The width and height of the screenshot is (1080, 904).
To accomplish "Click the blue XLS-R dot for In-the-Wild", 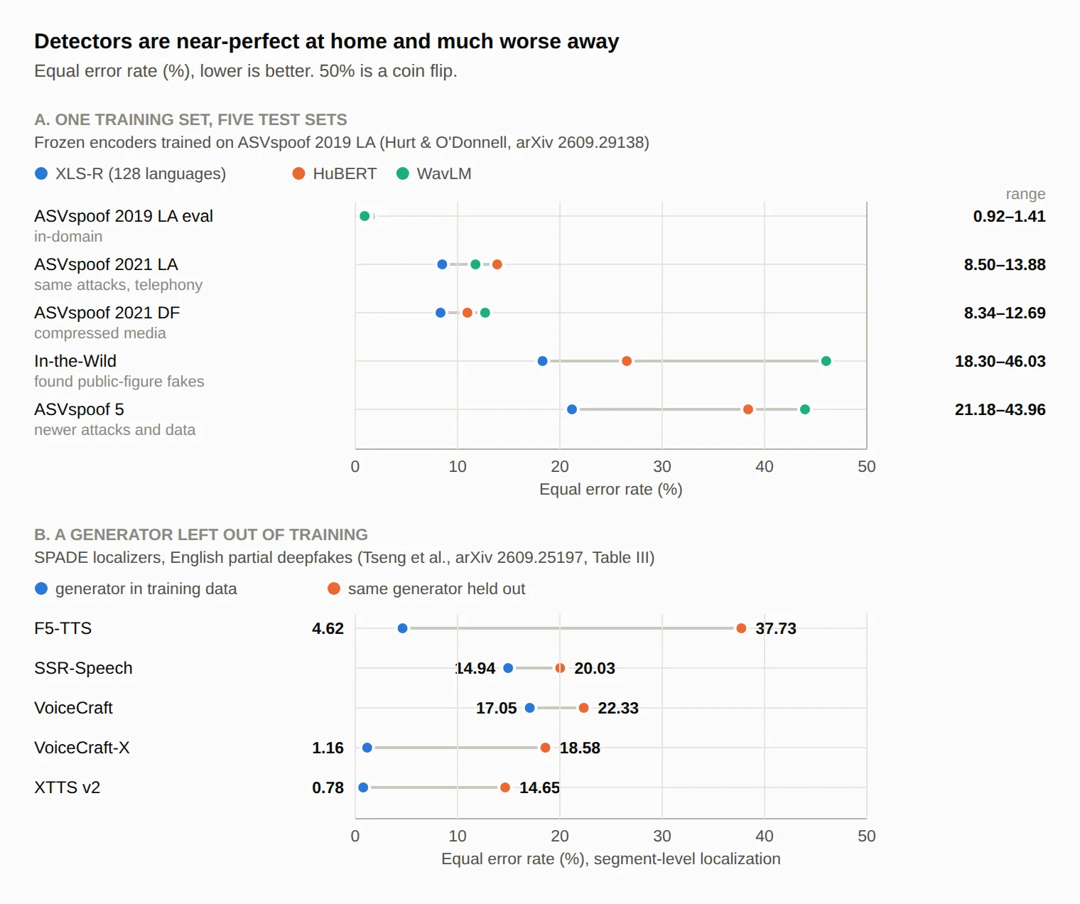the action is [x=542, y=361].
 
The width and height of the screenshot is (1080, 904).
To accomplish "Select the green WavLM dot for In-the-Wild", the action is [x=826, y=361].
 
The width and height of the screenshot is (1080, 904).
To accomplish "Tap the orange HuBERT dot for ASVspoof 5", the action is [x=748, y=409].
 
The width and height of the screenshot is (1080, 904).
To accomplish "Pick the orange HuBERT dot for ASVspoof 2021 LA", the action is [x=497, y=264].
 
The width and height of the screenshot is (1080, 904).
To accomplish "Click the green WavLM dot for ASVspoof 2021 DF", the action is [x=485, y=313].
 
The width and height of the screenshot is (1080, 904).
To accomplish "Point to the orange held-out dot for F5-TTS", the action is [x=741, y=628].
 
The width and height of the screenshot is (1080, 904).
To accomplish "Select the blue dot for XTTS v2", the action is [x=363, y=787].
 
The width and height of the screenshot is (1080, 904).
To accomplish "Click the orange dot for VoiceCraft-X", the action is [x=545, y=748].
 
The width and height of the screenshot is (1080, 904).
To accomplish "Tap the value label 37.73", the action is [x=776, y=628].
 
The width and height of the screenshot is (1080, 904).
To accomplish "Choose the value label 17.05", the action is [x=496, y=708].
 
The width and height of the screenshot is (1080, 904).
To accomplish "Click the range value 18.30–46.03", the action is [x=1000, y=361].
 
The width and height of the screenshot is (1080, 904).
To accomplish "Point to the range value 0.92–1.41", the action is [x=1009, y=216].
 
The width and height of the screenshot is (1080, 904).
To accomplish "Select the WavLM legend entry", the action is [x=434, y=174].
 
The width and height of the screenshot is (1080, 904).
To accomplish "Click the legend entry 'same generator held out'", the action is [x=426, y=589].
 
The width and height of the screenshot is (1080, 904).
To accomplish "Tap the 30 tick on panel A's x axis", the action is [x=662, y=467].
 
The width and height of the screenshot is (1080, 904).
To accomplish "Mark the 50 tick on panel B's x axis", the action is [x=866, y=836].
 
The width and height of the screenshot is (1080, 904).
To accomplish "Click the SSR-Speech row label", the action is [x=83, y=668].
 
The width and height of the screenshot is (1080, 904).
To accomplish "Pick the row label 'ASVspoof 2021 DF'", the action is [x=107, y=313].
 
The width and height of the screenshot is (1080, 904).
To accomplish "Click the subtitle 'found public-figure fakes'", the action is [x=119, y=382].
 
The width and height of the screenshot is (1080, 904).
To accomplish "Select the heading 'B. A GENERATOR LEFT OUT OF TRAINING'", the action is [x=200, y=534].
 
